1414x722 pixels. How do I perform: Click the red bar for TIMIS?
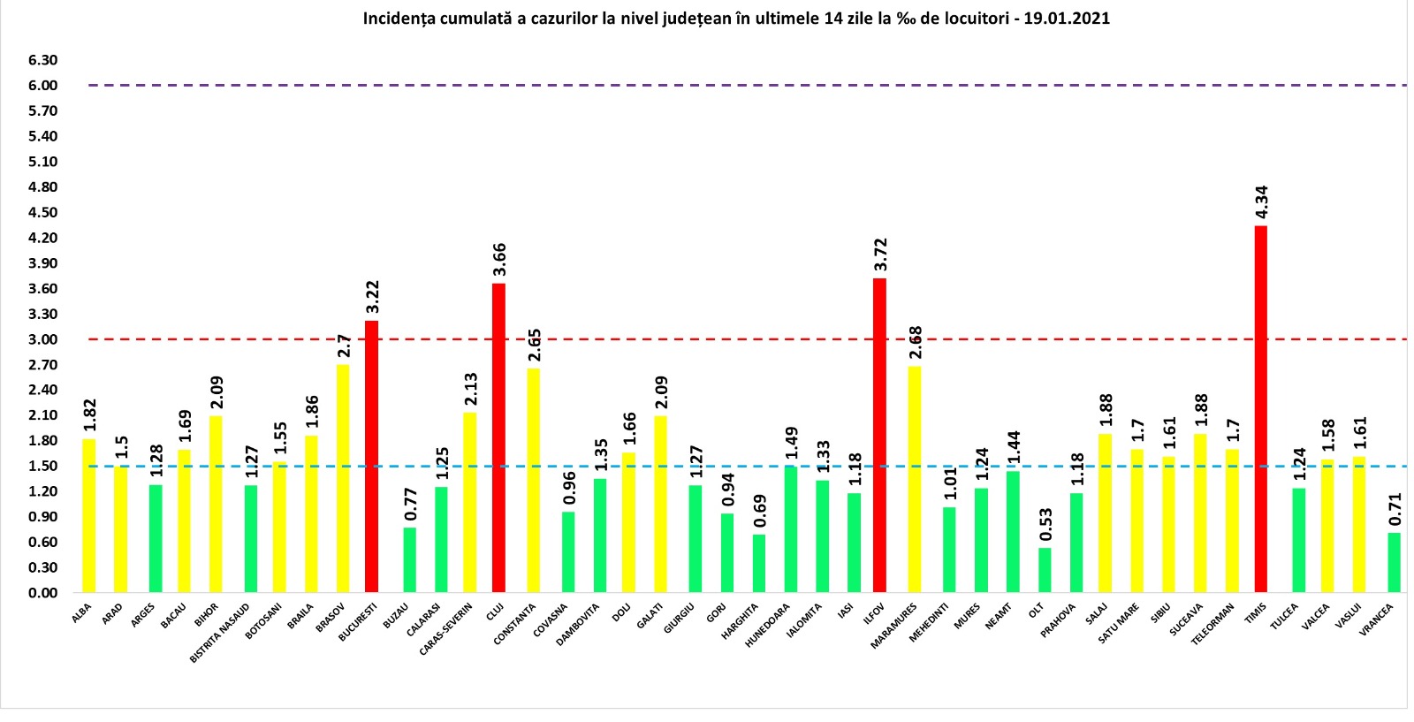[x=1260, y=408]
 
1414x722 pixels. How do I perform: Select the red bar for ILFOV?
[x=879, y=435]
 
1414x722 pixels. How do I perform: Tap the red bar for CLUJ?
[x=498, y=437]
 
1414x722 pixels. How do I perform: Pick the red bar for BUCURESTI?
[x=371, y=456]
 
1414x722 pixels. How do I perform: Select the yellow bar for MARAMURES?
[x=915, y=479]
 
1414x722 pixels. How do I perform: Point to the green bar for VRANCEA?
[x=1394, y=562]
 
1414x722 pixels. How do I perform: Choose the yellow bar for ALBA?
[x=88, y=515]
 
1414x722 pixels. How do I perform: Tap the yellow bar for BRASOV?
[x=343, y=478]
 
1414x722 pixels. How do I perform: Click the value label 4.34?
[x=1262, y=202]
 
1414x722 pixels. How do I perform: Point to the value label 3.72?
[x=880, y=255]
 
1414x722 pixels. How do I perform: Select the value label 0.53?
[x=1045, y=524]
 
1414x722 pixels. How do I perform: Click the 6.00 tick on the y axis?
[x=42, y=86]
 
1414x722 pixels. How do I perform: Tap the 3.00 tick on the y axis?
[x=42, y=339]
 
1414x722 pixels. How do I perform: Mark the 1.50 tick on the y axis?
[x=42, y=466]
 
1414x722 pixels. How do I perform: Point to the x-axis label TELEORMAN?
[x=1213, y=624]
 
